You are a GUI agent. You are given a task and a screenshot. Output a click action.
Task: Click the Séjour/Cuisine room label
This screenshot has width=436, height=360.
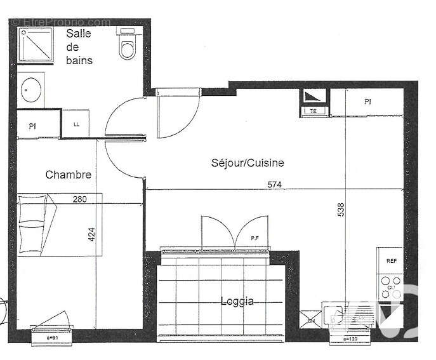coord(248,163)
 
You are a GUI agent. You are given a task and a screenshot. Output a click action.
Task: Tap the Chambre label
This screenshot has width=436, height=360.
coord(69,175)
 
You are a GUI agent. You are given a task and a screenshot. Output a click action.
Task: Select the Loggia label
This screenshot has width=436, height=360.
coord(237,301)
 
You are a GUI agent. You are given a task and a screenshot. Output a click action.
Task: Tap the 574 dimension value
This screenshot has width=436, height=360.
coord(274,185)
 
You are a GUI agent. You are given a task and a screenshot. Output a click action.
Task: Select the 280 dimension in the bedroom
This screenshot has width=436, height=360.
coord(79,199)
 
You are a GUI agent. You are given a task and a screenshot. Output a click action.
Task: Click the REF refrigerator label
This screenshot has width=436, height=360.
coord(391,261)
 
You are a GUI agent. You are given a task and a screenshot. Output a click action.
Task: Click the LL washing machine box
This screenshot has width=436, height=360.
coord(76,124)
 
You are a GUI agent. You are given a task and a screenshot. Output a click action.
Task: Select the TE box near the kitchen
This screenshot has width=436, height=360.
coord(313,111)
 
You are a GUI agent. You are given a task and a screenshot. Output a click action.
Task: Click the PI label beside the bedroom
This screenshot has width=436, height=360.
coord(32,126)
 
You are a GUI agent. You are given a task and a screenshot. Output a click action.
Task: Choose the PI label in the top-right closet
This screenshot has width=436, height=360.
coord(367,102)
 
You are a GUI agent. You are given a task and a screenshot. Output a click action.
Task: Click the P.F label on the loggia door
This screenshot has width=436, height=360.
coord(254,238)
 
